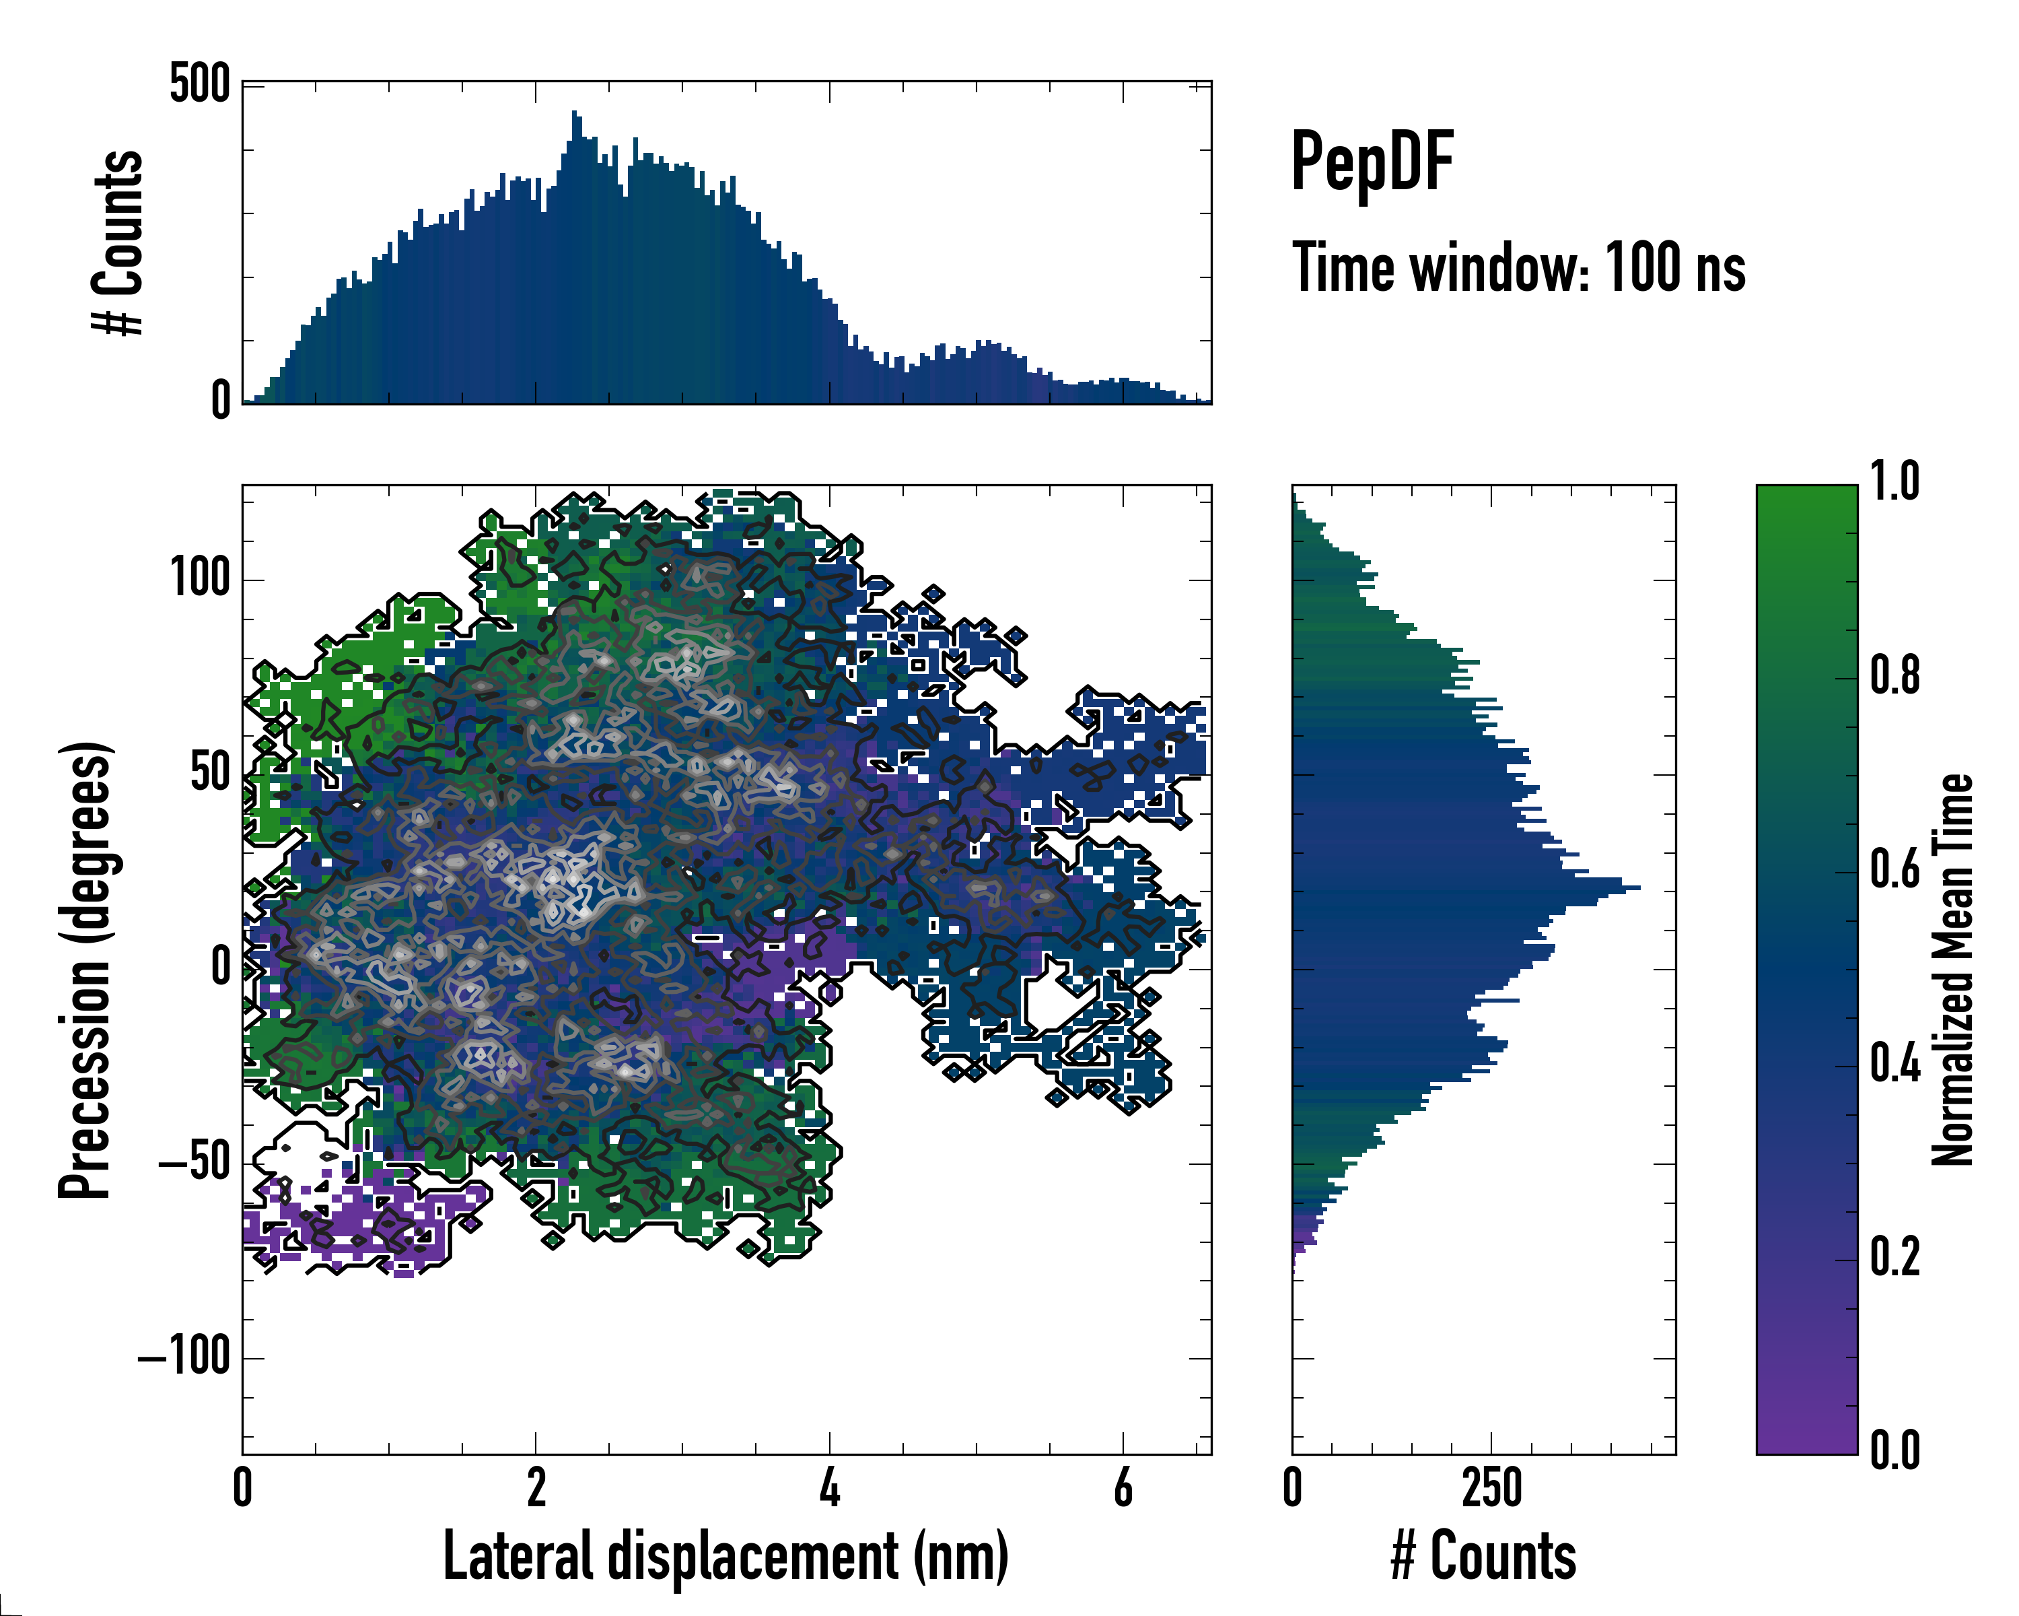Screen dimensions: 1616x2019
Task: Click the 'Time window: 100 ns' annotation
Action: click(x=1518, y=268)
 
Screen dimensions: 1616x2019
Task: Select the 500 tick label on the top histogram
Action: click(x=199, y=86)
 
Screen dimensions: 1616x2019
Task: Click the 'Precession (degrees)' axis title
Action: click(x=86, y=970)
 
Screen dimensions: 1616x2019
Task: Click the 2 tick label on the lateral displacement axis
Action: click(x=536, y=1487)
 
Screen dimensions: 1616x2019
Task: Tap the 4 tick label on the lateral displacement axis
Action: click(x=830, y=1487)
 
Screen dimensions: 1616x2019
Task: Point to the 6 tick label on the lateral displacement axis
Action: click(x=1123, y=1487)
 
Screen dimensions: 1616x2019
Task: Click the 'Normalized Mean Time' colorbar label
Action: click(x=1954, y=970)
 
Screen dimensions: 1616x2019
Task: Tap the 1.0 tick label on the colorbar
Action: click(x=1894, y=483)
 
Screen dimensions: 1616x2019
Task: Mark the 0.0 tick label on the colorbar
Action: click(x=1894, y=1450)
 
